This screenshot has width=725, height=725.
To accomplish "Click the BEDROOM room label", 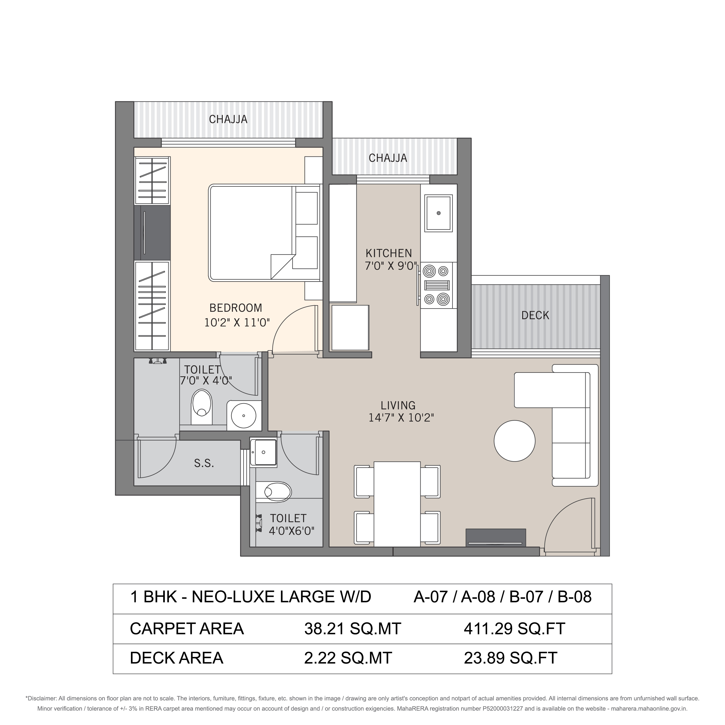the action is tap(236, 308).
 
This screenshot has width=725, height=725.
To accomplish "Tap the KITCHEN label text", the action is tap(389, 253).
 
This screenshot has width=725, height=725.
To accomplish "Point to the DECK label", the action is tap(535, 315).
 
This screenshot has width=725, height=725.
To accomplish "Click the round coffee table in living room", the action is tap(515, 441).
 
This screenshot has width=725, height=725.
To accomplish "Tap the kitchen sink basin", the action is tap(438, 213).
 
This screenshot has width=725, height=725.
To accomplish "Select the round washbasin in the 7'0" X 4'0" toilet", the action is tap(244, 416).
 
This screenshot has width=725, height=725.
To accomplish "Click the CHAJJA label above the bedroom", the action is tap(228, 119).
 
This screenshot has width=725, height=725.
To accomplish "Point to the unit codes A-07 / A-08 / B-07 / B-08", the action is tap(502, 597).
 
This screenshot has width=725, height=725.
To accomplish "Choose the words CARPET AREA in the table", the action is tap(187, 629).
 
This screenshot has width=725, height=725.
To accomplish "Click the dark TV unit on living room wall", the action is tap(496, 538).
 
